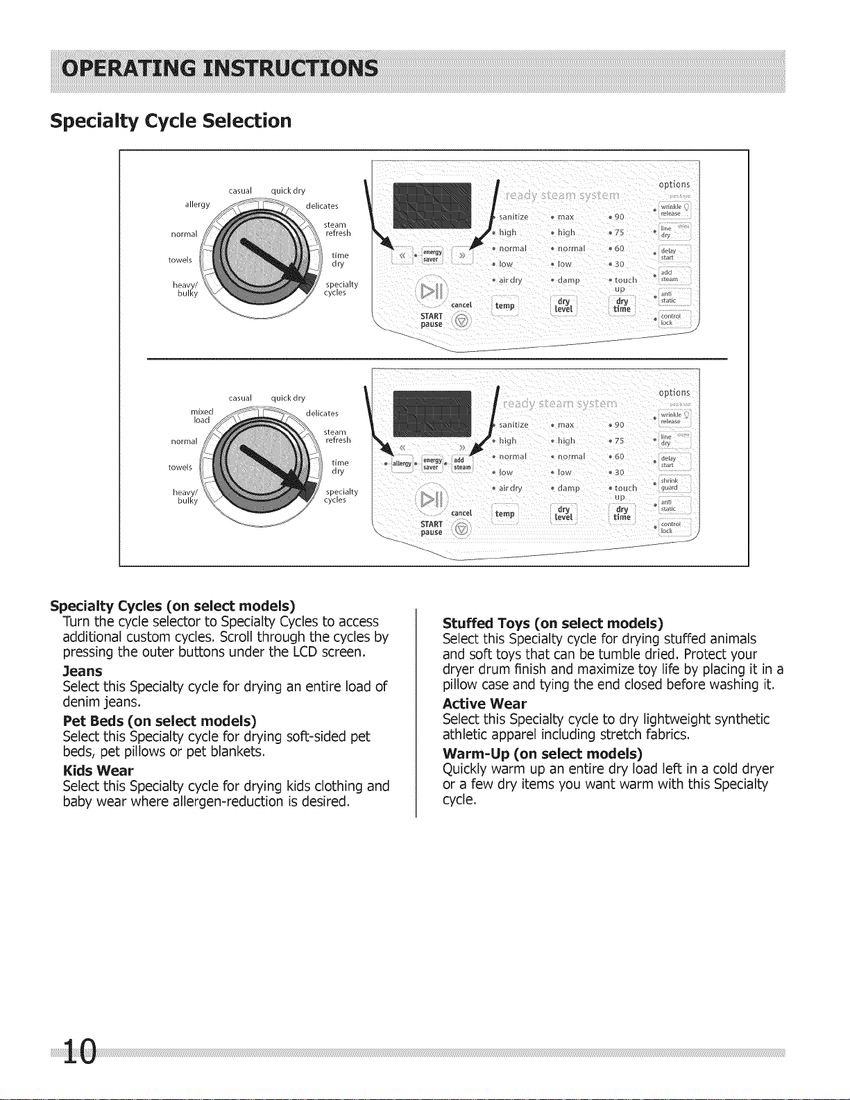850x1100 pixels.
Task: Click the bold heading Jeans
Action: pyautogui.click(x=82, y=671)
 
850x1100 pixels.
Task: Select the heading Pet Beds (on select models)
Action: pyautogui.click(x=159, y=721)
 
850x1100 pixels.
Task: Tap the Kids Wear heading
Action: pyautogui.click(x=98, y=770)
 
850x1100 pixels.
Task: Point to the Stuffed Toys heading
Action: pyautogui.click(x=552, y=623)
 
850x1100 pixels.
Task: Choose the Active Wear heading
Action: pyautogui.click(x=484, y=704)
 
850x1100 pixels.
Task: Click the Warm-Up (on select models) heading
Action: pyautogui.click(x=542, y=754)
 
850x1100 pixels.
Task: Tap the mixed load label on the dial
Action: pyautogui.click(x=202, y=416)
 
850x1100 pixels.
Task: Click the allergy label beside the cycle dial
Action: pyautogui.click(x=197, y=205)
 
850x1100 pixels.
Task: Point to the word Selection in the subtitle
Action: pyautogui.click(x=247, y=121)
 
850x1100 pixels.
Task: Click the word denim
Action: pyautogui.click(x=80, y=702)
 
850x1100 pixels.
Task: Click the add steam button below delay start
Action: pyautogui.click(x=670, y=276)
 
